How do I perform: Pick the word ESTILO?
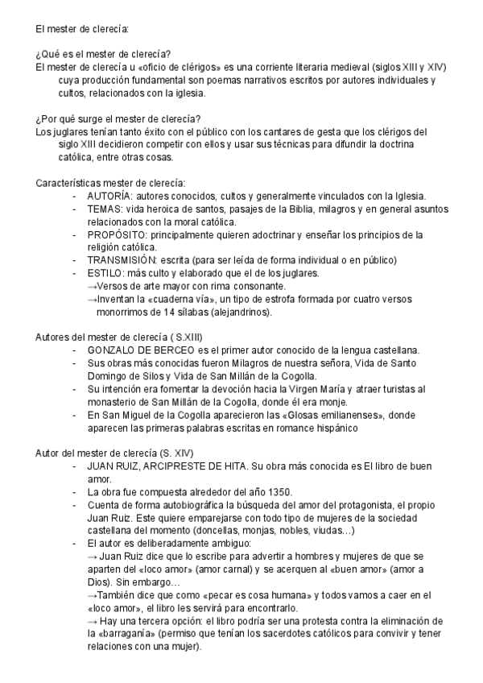point(105,273)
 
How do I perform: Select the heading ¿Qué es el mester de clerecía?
point(103,54)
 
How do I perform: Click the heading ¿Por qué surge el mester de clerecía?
point(118,118)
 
